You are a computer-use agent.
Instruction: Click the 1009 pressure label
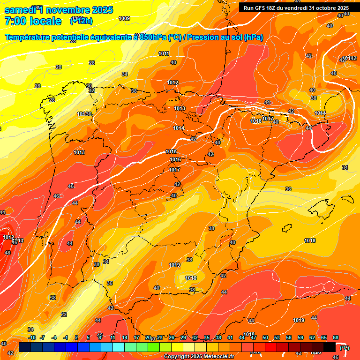coord(124,18)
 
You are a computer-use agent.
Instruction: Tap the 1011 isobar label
coord(164,53)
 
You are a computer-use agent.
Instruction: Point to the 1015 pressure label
coord(171,151)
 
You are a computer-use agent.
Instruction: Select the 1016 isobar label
coord(175,160)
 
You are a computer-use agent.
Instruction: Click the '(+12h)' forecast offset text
coord(81,21)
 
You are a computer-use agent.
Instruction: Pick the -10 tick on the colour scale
coord(31,337)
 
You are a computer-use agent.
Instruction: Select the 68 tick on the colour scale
coord(336,337)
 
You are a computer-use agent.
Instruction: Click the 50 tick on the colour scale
coord(265,337)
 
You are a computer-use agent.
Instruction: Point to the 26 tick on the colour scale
coord(172,337)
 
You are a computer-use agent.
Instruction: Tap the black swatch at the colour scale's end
coord(330,346)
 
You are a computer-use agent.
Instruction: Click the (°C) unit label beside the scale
coord(345,347)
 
